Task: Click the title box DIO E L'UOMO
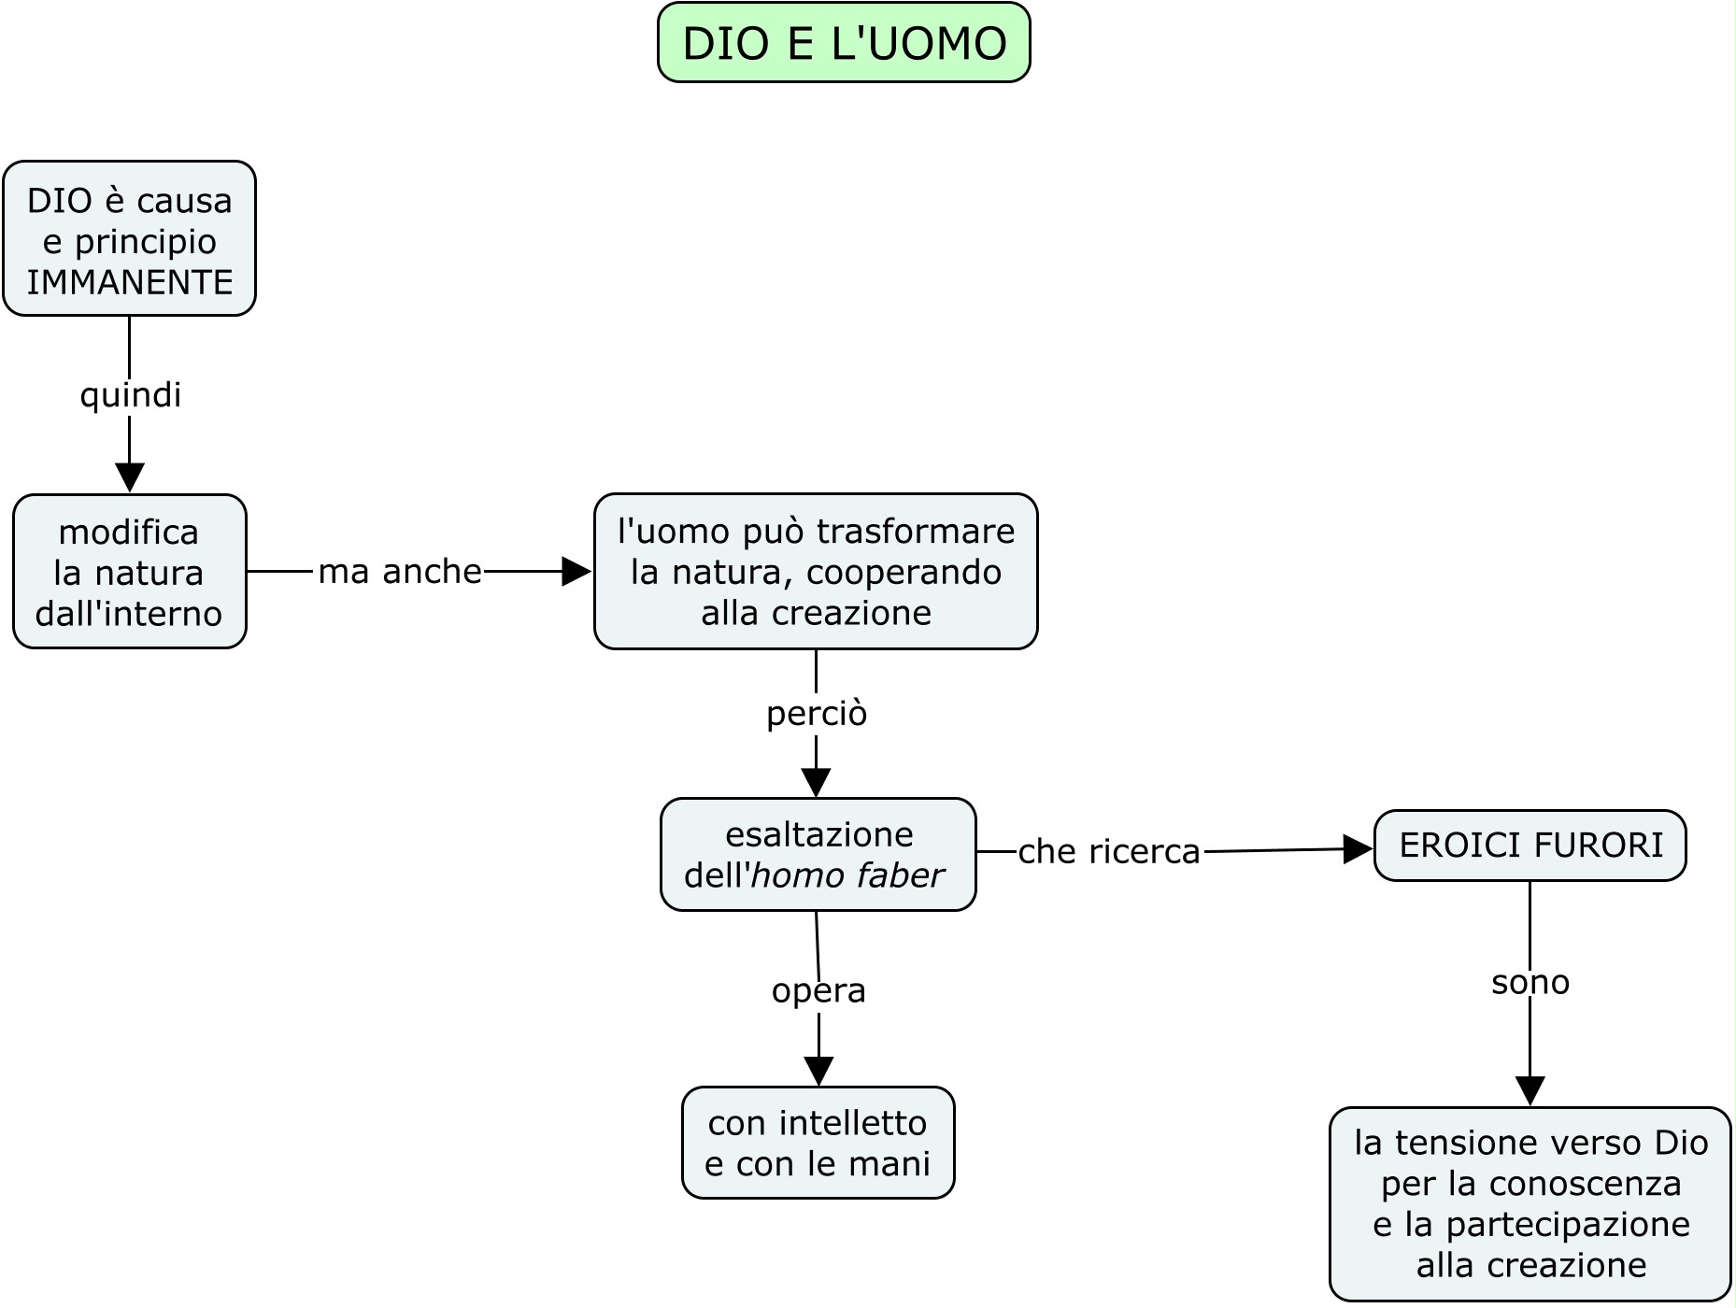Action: tap(844, 43)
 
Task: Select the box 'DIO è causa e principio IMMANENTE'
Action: tap(130, 239)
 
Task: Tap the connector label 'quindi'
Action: tap(130, 394)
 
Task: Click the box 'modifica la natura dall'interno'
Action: tap(130, 572)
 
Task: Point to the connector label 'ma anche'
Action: tap(400, 571)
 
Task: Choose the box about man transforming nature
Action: tap(816, 572)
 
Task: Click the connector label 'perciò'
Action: tap(817, 714)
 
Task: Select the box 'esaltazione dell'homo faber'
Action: tap(818, 854)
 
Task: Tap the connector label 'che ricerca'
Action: tap(1109, 851)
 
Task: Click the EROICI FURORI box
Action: tap(1530, 846)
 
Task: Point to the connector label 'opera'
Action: tap(818, 990)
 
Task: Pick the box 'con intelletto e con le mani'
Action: tap(818, 1143)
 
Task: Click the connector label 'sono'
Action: tap(1530, 982)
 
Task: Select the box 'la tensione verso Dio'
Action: tap(1530, 1203)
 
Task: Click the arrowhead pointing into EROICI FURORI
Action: tap(1358, 849)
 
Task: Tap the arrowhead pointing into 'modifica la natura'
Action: tap(130, 477)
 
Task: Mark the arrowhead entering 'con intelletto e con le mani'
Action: tap(818, 1071)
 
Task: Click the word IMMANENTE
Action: tap(130, 282)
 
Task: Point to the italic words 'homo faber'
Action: tap(847, 875)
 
